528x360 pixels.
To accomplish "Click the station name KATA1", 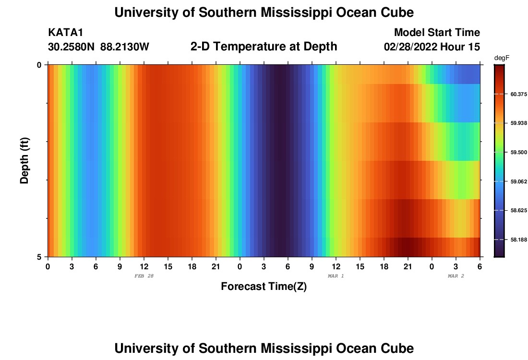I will click(x=66, y=33).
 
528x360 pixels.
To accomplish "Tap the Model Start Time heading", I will click(x=437, y=33).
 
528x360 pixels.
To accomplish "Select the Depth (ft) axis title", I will click(x=25, y=160).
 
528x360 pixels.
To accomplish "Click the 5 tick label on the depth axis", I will click(x=39, y=257).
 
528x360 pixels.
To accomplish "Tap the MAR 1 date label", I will click(x=336, y=276).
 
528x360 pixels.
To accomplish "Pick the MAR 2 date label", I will click(x=456, y=276).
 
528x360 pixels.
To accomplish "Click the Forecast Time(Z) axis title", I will click(x=264, y=287).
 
